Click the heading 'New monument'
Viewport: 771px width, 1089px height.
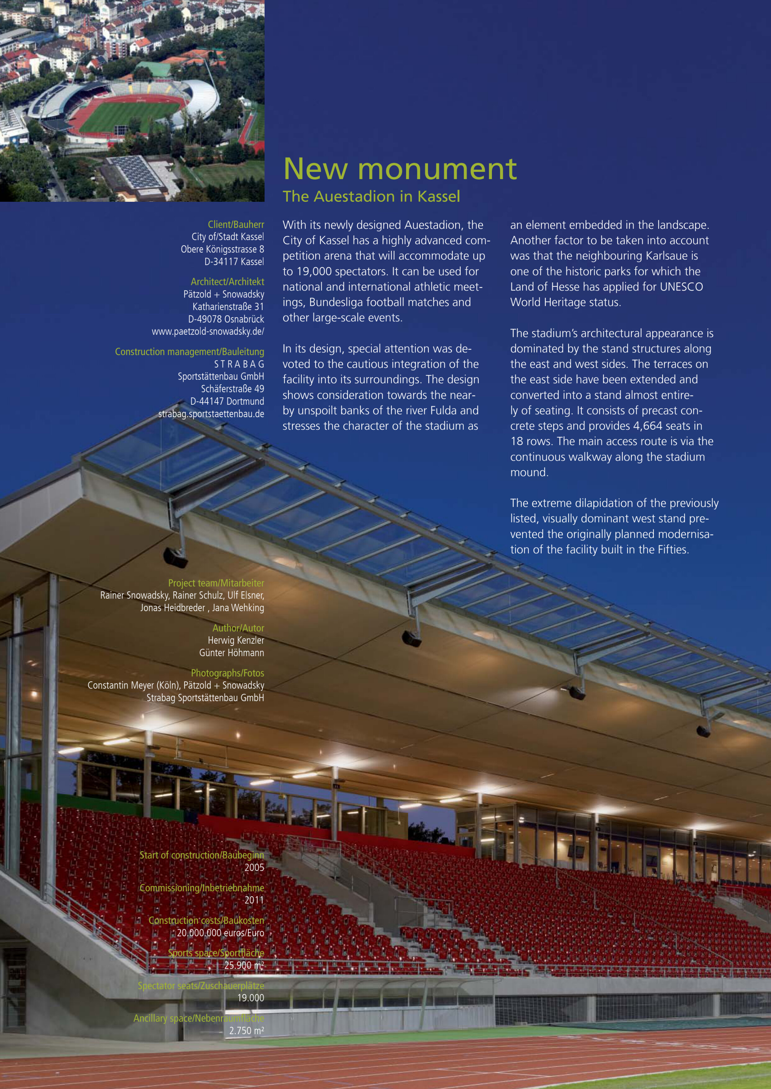[x=400, y=169]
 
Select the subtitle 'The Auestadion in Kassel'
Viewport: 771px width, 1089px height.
[x=371, y=197]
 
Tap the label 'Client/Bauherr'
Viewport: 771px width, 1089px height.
[x=236, y=224]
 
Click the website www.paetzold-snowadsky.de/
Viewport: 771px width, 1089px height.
[x=208, y=332]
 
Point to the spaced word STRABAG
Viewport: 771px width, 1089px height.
[x=239, y=364]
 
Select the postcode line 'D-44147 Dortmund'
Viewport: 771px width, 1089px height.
[x=227, y=401]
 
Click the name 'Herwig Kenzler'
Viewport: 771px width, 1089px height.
[x=236, y=640]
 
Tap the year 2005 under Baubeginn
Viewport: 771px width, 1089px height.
[x=254, y=867]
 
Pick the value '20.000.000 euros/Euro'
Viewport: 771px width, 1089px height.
[x=220, y=933]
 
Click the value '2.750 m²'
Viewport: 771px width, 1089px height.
[x=246, y=1030]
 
